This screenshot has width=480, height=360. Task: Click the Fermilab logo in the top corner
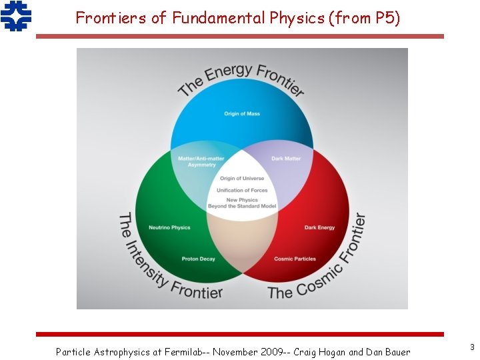click(x=16, y=16)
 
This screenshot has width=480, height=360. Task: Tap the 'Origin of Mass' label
click(x=242, y=114)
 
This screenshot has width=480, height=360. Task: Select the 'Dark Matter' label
click(x=286, y=159)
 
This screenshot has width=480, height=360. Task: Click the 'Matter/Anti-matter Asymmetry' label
click(x=201, y=161)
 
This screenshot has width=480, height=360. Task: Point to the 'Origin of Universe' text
click(x=242, y=179)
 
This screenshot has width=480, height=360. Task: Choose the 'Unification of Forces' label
click(x=242, y=191)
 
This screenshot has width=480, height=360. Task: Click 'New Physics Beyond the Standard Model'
click(x=242, y=203)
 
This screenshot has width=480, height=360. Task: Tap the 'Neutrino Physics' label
click(x=169, y=228)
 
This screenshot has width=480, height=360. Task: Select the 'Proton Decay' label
click(x=198, y=259)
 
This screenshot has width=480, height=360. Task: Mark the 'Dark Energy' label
click(x=319, y=228)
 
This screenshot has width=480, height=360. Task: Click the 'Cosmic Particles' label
click(x=295, y=259)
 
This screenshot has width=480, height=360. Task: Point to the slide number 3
click(x=472, y=347)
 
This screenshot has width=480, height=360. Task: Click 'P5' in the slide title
click(x=385, y=18)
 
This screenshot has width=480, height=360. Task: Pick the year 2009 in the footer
click(x=257, y=351)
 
